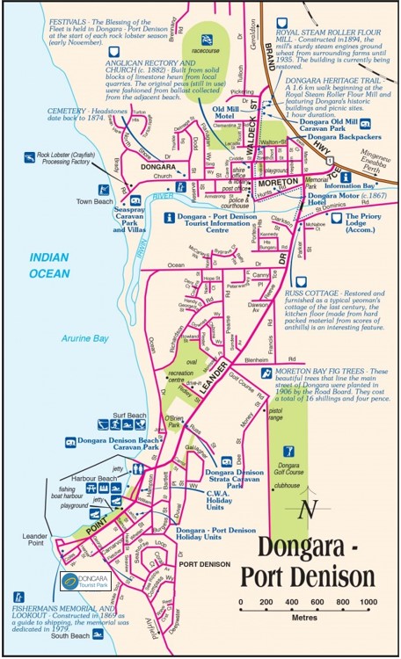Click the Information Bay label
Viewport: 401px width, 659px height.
[351, 185]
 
